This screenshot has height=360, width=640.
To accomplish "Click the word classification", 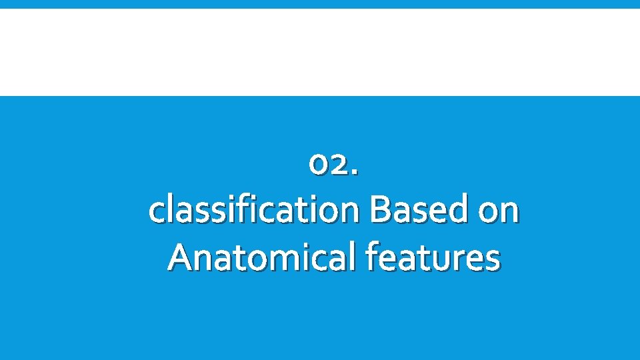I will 255,211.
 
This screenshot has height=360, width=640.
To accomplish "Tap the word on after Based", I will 499,212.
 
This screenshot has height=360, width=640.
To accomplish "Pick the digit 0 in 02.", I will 319,165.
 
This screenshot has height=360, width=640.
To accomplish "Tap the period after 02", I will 354,173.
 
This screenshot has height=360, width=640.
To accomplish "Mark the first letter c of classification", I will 157,213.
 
